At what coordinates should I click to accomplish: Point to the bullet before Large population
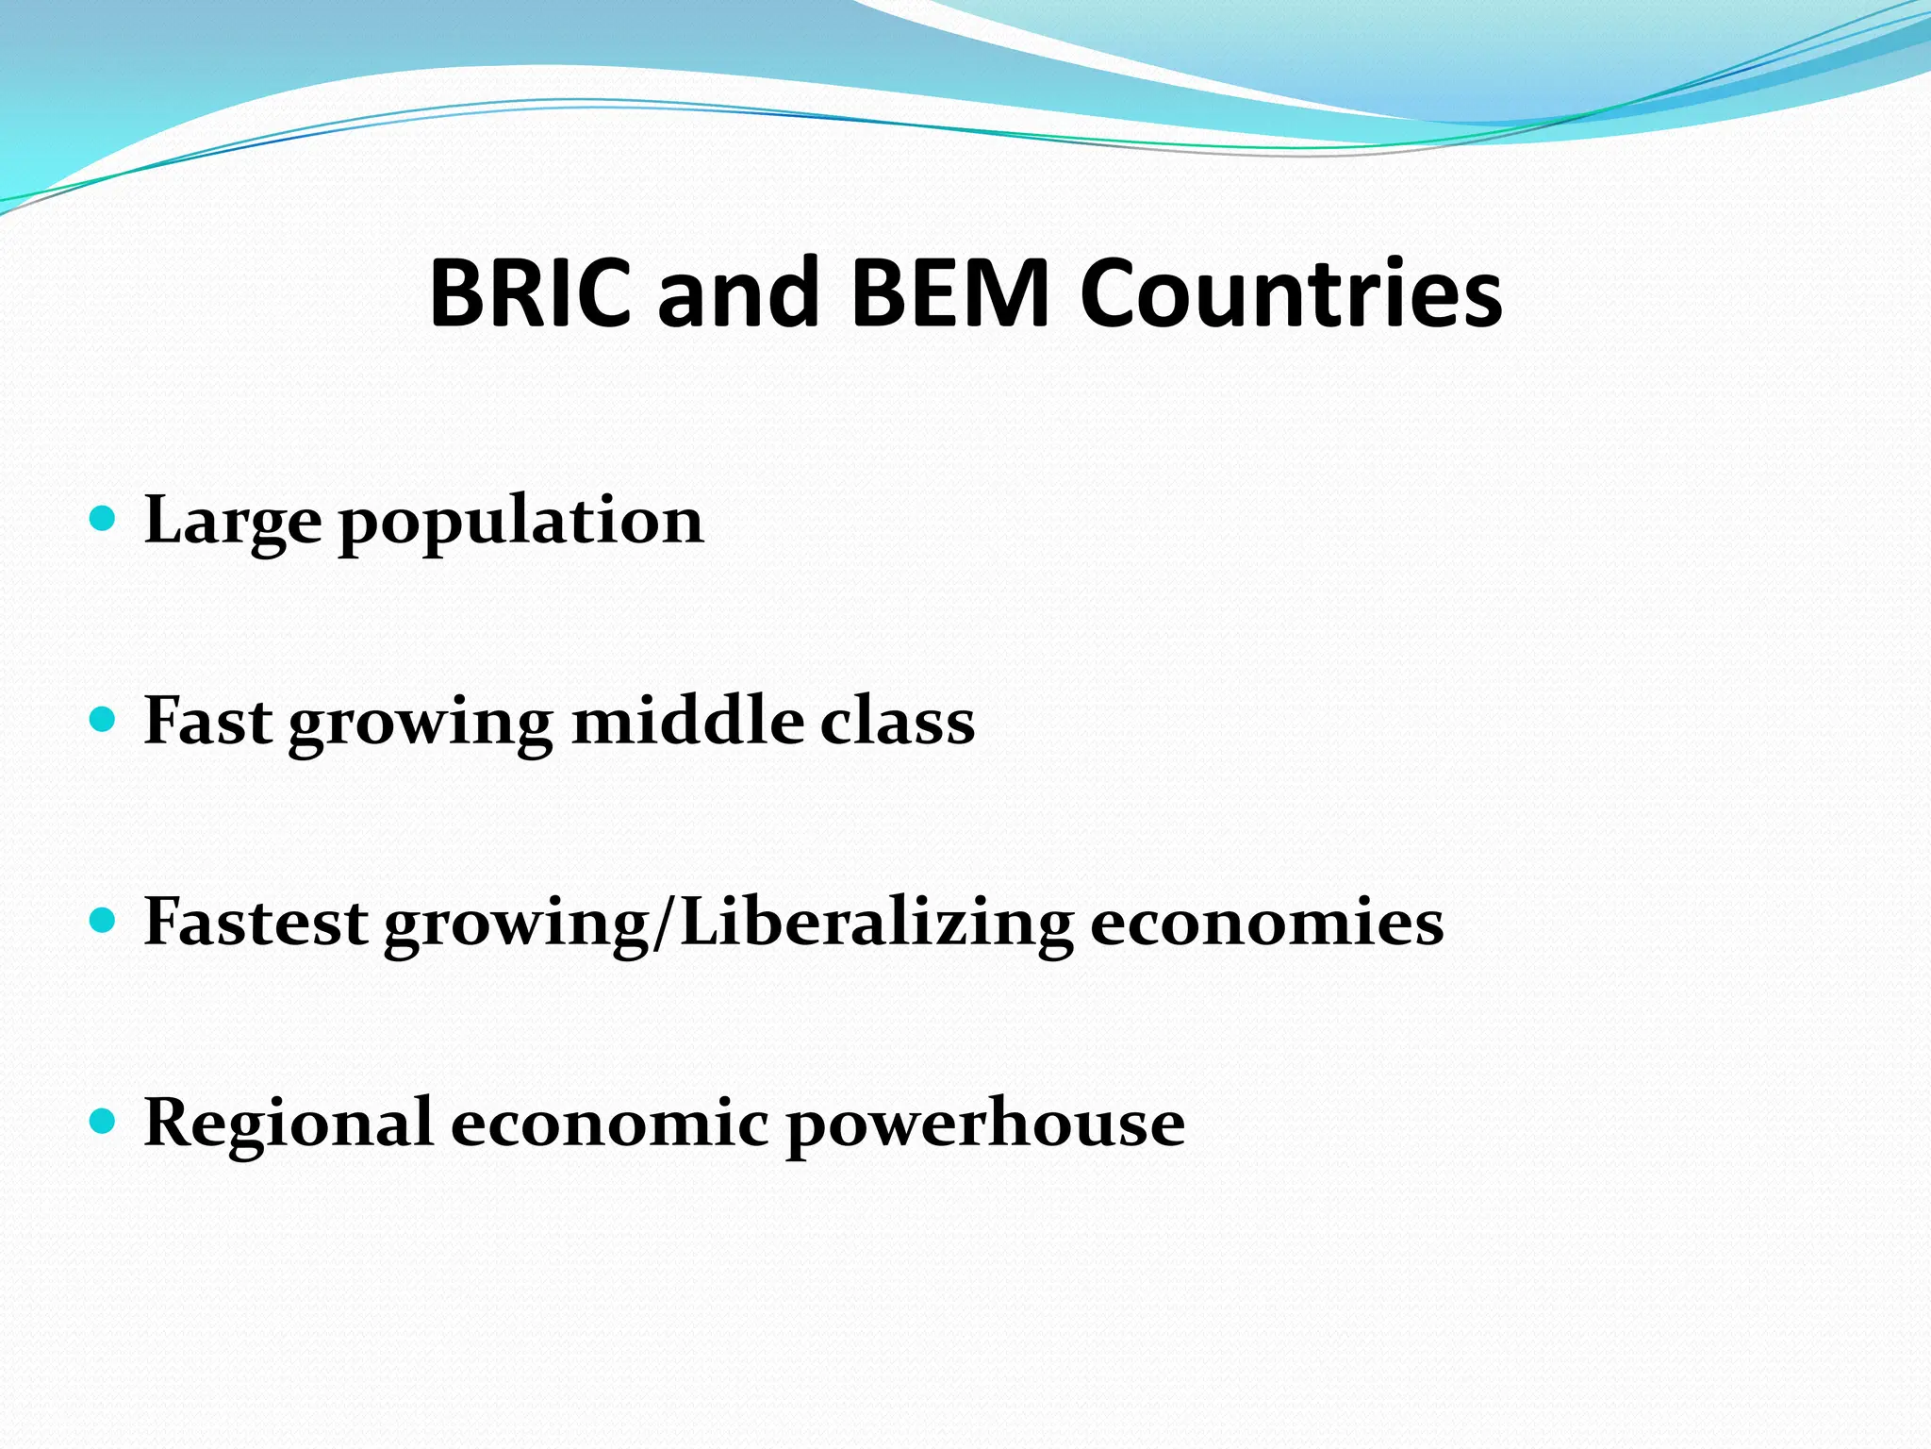(102, 519)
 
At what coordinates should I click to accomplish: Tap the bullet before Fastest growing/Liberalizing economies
(102, 921)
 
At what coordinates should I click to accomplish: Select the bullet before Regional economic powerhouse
(102, 1122)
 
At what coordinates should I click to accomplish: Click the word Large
(232, 522)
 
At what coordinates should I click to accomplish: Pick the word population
(521, 525)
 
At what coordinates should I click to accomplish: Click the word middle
(688, 722)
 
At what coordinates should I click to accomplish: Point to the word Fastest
(255, 922)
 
